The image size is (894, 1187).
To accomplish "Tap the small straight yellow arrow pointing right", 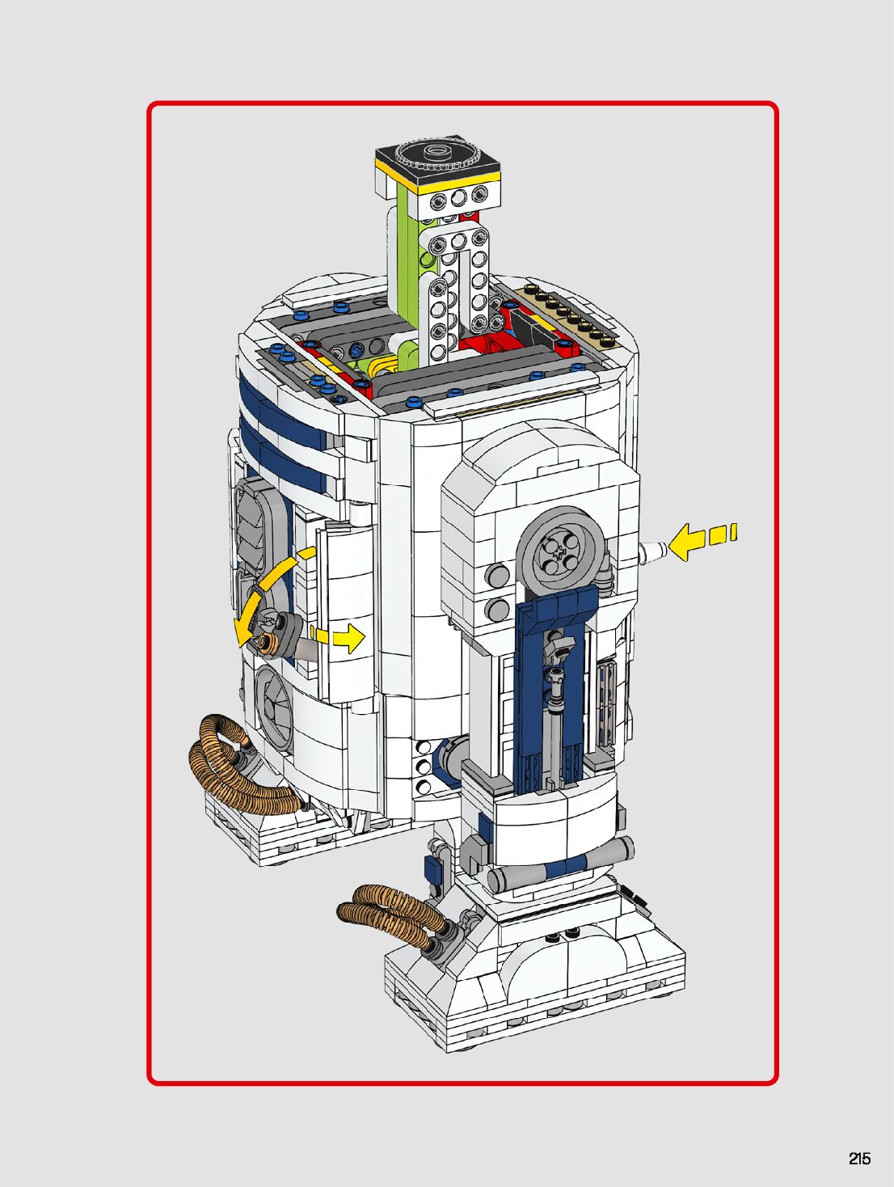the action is coord(338,637).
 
